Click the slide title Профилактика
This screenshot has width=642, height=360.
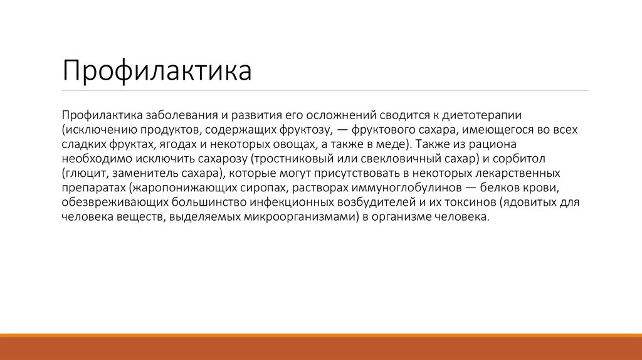(157, 71)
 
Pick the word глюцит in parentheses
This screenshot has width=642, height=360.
(82, 174)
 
